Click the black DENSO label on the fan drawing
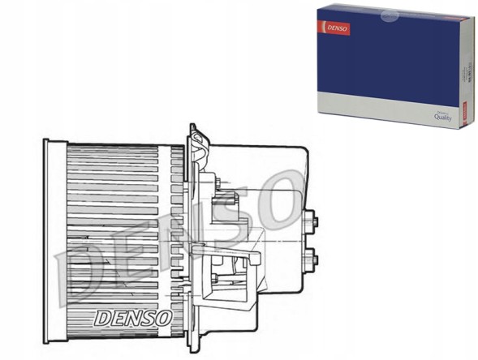coord(132,317)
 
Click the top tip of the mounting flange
coord(192,126)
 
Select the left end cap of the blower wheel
coord(54,240)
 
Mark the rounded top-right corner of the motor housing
coord(304,152)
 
